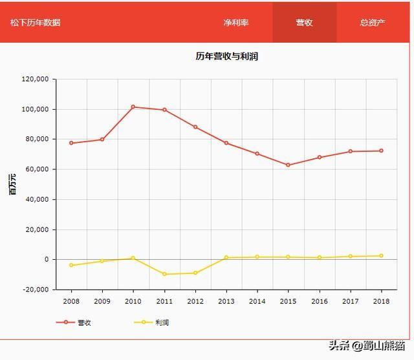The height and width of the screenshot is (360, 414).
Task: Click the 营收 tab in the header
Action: click(304, 23)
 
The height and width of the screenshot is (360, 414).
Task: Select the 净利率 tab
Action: click(236, 23)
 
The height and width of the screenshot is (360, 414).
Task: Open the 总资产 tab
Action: click(373, 23)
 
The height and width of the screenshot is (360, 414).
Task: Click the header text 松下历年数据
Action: click(36, 23)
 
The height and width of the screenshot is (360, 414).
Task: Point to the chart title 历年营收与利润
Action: click(227, 56)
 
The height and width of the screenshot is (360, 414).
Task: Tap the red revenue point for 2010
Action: click(133, 107)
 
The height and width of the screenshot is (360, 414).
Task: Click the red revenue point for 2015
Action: click(289, 165)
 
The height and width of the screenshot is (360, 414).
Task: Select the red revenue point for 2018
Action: click(381, 151)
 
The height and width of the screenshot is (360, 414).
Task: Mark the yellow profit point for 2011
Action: click(164, 274)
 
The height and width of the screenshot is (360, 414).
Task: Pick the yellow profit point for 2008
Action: click(71, 265)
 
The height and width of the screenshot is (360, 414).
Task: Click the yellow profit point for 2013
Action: click(226, 257)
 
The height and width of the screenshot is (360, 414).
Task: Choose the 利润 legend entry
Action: click(152, 322)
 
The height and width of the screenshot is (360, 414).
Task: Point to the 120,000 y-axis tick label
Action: click(36, 79)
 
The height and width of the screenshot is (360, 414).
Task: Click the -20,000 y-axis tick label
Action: click(36, 290)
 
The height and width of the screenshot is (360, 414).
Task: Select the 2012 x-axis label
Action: click(195, 301)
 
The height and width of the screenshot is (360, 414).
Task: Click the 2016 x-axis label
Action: click(319, 301)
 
